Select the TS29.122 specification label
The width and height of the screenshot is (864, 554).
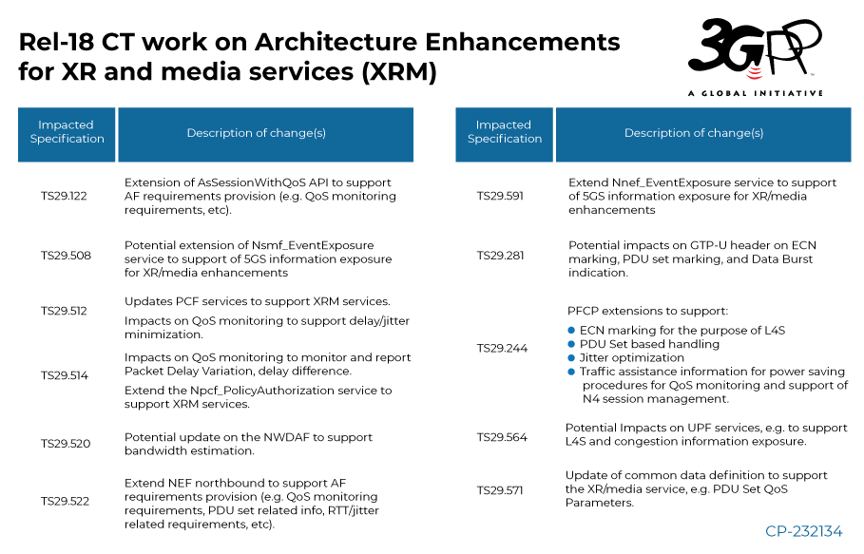click(x=65, y=195)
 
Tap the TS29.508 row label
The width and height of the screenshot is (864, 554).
click(x=65, y=256)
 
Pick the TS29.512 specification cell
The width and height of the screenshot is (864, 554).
click(x=65, y=311)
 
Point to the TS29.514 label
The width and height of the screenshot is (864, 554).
click(x=65, y=375)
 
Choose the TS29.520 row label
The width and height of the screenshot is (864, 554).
click(x=65, y=443)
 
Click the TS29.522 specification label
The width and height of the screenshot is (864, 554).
click(x=65, y=501)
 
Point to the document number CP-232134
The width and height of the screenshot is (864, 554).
click(x=803, y=532)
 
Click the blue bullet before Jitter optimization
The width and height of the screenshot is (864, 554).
click(x=572, y=358)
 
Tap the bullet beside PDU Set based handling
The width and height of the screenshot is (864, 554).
click(x=572, y=344)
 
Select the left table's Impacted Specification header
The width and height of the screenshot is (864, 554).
click(x=67, y=133)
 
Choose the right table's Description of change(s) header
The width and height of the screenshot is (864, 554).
click(x=694, y=133)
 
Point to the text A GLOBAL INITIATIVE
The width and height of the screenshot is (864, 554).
click(x=755, y=93)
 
